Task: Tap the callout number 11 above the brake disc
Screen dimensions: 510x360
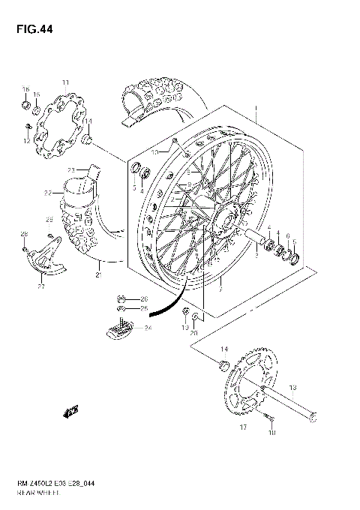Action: (65, 82)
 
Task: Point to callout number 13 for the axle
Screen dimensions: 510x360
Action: (292, 387)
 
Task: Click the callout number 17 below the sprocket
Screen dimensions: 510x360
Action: (242, 427)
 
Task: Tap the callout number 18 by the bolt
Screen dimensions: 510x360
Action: (272, 433)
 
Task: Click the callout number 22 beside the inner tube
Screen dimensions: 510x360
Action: (47, 193)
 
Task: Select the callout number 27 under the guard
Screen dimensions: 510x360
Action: (41, 286)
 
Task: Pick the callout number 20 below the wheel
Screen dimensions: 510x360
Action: (193, 333)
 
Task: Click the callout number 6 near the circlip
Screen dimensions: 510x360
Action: (288, 236)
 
